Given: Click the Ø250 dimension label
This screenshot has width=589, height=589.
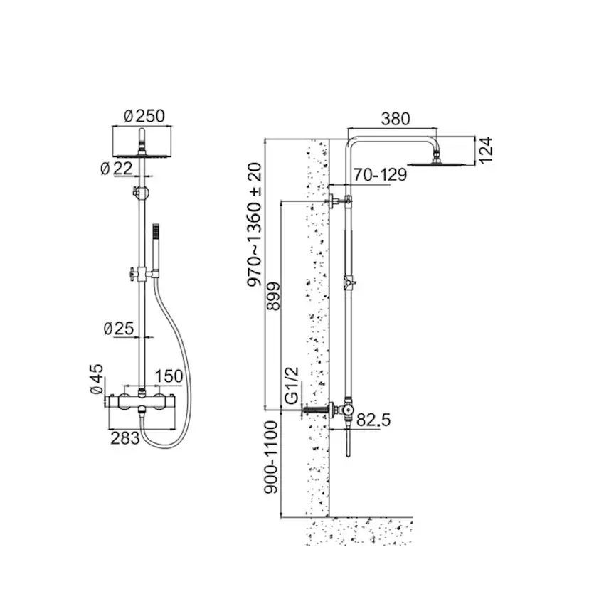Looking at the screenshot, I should click(x=144, y=116).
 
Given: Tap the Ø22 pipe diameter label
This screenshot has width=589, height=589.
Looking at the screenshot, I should click(x=117, y=168).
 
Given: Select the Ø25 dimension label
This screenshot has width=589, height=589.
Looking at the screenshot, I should click(x=118, y=329).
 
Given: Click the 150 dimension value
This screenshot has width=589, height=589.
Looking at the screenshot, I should click(x=168, y=376).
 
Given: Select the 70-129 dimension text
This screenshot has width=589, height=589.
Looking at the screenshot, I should click(x=381, y=174).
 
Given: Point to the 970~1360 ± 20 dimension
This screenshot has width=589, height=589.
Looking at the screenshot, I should click(x=254, y=225).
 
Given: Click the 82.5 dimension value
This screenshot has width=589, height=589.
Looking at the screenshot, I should click(x=373, y=420).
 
